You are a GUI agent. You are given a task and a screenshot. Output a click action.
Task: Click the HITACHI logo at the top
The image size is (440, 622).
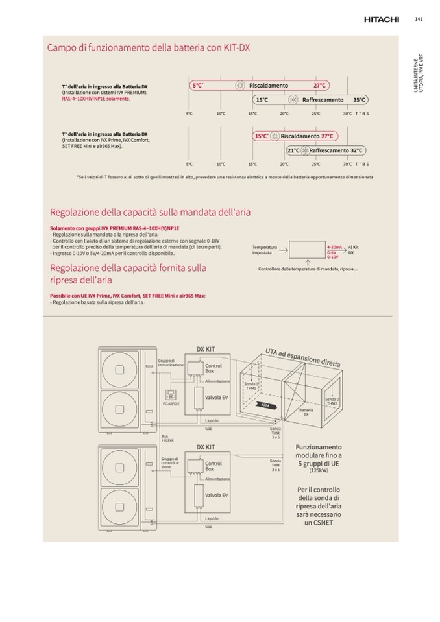(x=381, y=19)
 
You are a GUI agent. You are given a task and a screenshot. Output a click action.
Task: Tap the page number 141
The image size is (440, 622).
(x=419, y=19)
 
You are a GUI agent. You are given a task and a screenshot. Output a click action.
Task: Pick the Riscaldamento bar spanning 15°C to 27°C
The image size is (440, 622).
(x=295, y=136)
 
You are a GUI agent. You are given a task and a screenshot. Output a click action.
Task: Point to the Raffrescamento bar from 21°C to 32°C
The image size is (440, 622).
(x=325, y=150)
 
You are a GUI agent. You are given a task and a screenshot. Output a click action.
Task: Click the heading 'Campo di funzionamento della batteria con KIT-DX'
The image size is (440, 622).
(x=149, y=47)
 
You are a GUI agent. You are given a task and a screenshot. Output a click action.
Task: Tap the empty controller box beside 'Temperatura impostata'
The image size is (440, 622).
(x=306, y=250)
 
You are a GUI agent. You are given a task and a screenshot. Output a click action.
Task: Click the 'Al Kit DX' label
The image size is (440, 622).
(x=354, y=250)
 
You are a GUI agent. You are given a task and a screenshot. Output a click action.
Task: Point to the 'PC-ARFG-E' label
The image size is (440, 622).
(x=171, y=403)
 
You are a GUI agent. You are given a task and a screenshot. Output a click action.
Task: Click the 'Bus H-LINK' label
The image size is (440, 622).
(x=167, y=438)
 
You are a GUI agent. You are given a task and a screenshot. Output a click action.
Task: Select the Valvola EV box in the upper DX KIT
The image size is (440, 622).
(x=216, y=398)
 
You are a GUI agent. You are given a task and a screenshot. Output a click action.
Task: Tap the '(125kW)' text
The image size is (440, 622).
(x=319, y=470)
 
